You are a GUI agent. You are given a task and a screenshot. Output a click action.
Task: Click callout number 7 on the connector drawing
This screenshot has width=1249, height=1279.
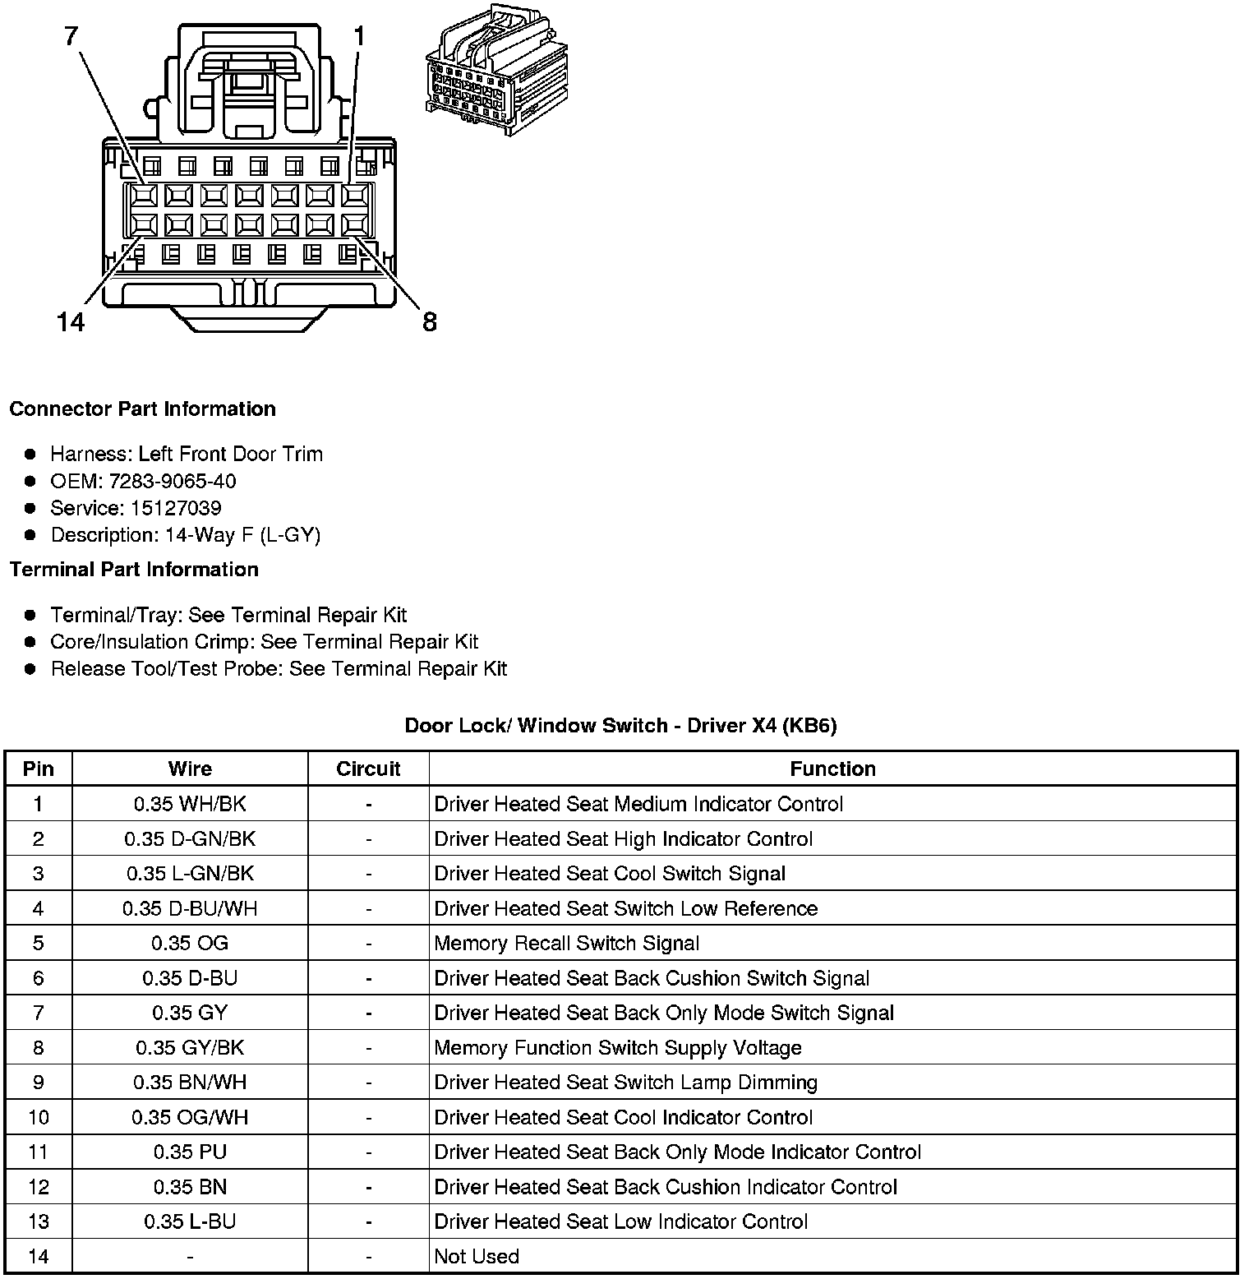point(72,36)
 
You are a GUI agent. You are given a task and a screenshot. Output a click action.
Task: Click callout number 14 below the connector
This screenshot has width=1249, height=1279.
point(71,322)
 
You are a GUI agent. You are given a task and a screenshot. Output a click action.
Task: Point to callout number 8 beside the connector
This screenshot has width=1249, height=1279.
point(430,322)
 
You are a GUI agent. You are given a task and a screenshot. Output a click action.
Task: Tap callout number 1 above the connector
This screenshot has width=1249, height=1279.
point(359,36)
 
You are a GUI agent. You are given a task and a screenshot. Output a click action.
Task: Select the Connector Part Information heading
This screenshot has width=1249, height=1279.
point(142,409)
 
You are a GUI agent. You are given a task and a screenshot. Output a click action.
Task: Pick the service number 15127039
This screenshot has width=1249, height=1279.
point(176,508)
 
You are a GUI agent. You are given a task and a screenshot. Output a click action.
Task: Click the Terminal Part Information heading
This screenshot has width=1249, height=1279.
point(134,570)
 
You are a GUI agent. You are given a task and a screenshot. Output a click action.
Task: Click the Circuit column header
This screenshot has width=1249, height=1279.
point(368,769)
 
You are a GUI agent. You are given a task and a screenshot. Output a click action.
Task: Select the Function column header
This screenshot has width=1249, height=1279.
point(832,769)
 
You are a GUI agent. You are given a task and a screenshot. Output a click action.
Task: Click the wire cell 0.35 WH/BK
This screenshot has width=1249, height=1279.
point(190,805)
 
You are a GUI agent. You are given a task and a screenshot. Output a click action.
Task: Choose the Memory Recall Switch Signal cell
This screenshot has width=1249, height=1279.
point(567,944)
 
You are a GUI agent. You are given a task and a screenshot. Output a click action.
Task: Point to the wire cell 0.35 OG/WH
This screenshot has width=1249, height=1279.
point(190,1118)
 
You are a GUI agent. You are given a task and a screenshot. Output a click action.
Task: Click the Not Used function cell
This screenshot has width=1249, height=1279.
point(477,1257)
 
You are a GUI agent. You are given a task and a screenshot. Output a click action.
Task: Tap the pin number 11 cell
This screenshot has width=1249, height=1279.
point(39,1152)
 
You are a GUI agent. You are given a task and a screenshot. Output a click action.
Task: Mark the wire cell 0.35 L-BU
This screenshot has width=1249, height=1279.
point(190,1222)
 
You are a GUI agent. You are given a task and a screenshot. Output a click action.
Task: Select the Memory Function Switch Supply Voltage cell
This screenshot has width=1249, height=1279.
point(618,1048)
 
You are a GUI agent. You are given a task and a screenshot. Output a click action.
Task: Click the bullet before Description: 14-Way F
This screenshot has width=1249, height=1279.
point(30,535)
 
